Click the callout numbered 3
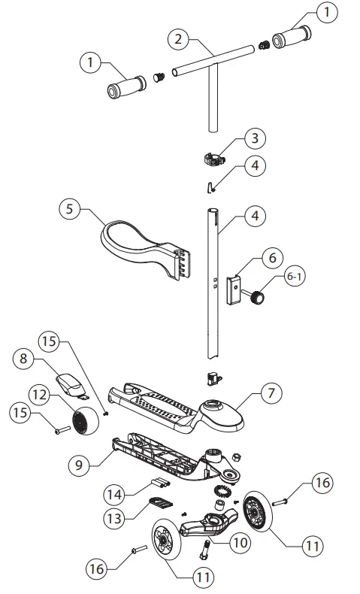pos(254,139)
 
